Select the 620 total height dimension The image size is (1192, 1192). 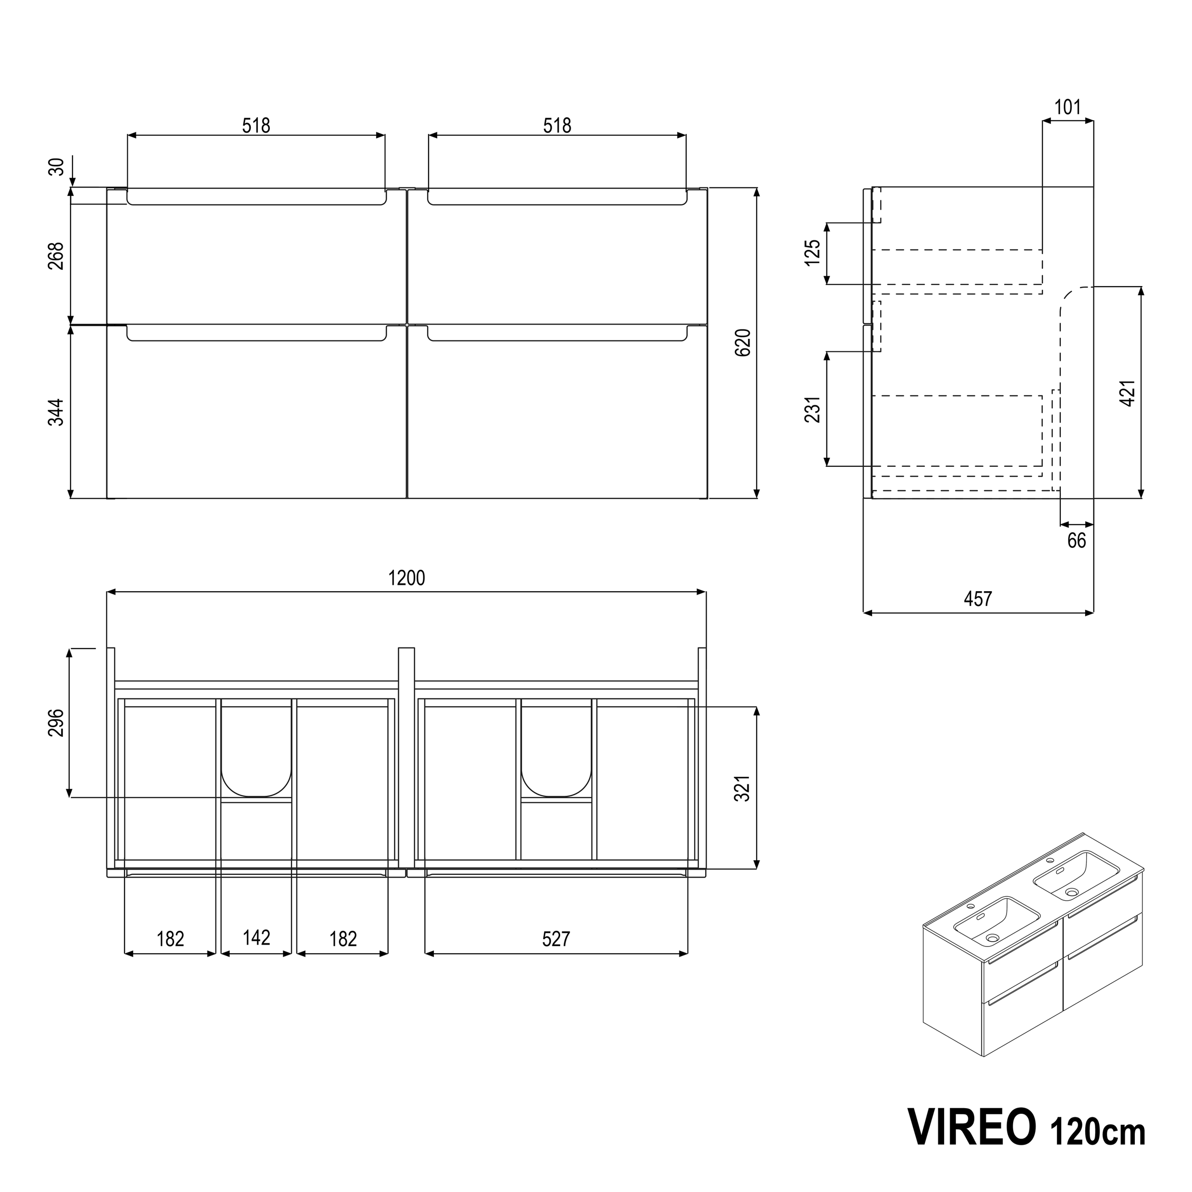tap(743, 342)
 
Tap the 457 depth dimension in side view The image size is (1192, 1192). tap(977, 598)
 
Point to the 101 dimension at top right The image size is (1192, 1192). tap(1068, 108)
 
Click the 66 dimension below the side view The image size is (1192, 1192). tap(1076, 541)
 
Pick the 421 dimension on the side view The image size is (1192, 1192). tap(1127, 392)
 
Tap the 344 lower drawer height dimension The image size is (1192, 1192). tap(56, 412)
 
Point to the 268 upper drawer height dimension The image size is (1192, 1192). tap(56, 256)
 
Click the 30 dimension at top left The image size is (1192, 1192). tap(56, 166)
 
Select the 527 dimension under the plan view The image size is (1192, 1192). tap(555, 939)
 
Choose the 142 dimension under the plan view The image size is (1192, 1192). tap(256, 938)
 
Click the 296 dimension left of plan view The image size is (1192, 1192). tap(56, 722)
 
